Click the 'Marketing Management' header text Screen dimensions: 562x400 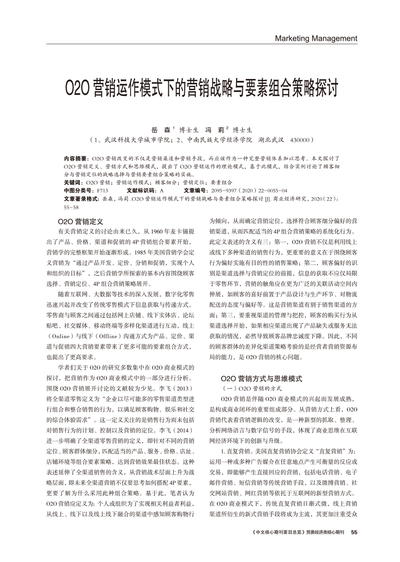coord(316,39)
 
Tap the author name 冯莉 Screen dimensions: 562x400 coord(214,130)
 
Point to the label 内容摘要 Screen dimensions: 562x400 coord(75,158)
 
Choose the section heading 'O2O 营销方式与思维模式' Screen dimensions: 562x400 coord(261,378)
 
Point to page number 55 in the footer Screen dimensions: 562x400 coord(354,532)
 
